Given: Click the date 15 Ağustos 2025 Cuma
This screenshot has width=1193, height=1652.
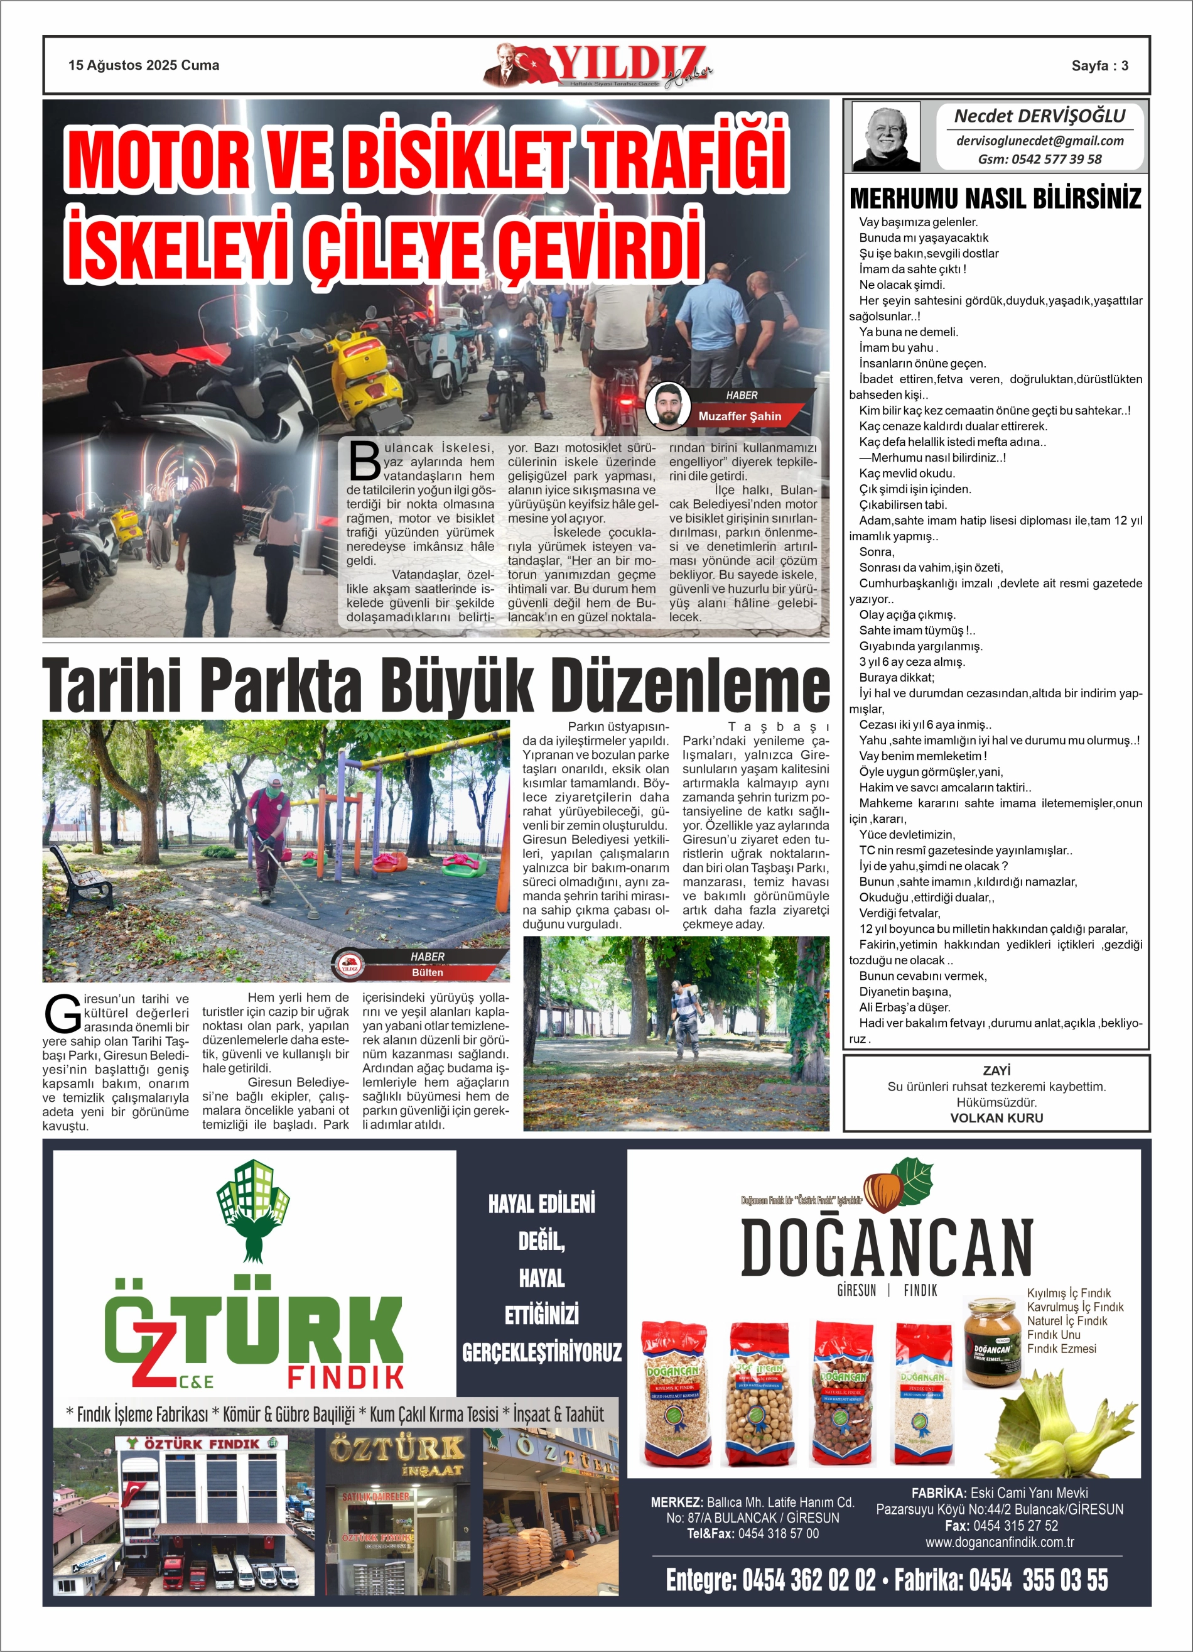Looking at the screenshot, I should [144, 65].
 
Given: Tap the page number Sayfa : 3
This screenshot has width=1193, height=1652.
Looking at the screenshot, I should [1099, 65].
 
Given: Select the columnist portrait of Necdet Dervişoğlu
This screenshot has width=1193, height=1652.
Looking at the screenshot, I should [886, 136].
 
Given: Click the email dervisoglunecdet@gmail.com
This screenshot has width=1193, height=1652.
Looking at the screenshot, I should [1039, 141].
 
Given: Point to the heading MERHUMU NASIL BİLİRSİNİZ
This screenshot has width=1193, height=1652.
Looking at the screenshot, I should [995, 198].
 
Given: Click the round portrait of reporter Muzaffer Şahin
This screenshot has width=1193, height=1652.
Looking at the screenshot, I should [667, 406].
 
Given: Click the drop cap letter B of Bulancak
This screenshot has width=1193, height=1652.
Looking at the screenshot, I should [364, 460].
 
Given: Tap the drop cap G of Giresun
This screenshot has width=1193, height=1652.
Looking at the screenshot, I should [63, 1014].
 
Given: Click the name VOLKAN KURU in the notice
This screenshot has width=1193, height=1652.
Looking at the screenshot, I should [996, 1117].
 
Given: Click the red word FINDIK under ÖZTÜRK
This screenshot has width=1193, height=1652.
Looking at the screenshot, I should [345, 1378].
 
